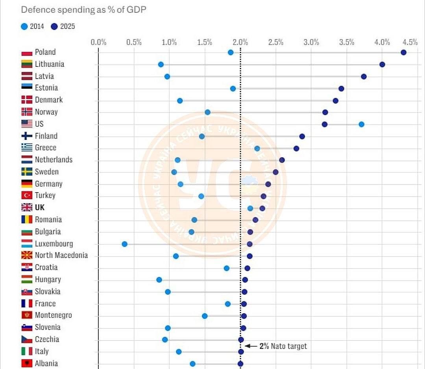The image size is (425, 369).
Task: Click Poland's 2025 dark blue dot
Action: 403,52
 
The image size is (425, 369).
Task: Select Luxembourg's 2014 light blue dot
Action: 125,244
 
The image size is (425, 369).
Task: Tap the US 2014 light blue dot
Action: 361,124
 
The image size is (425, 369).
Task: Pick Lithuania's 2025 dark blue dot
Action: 382,64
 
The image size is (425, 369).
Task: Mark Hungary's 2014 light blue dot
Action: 159,280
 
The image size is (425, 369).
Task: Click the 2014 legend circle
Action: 24,27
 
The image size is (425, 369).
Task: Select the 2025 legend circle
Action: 54,27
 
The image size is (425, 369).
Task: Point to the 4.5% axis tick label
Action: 410,42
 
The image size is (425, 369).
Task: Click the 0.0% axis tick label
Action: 98,42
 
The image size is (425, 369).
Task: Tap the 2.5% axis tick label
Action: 276,42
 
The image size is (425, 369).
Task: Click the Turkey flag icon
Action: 27,196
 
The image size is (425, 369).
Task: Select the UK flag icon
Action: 27,207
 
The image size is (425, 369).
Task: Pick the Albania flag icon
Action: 27,363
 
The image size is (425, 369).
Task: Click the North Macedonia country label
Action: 61,255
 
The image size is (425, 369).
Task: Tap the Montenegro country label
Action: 54,315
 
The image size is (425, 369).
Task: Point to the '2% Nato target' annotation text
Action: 283,346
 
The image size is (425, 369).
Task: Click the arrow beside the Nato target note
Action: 251,346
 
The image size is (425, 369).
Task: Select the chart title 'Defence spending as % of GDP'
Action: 83,10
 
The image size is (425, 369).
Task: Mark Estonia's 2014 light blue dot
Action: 233,88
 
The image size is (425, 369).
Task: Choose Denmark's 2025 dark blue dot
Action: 335,101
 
